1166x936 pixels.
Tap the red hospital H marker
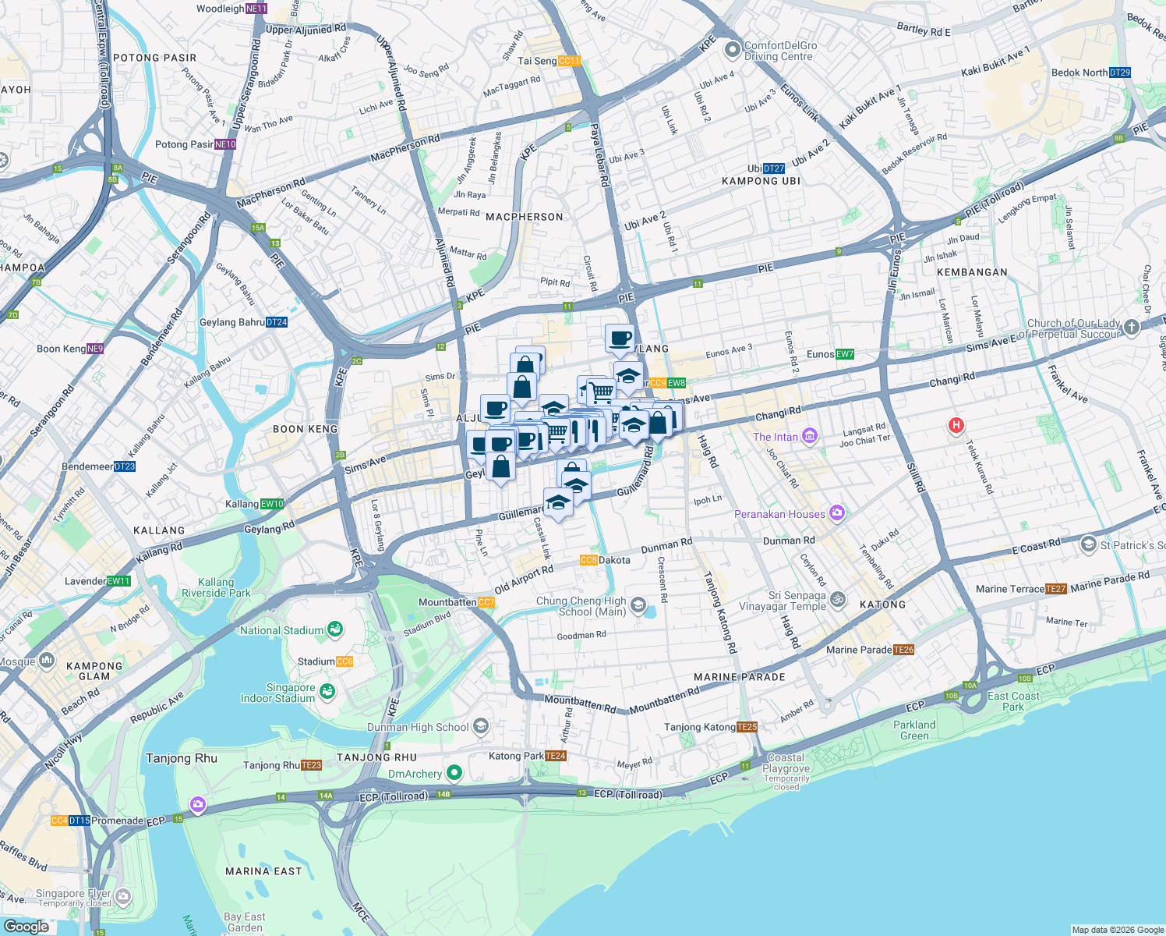pyautogui.click(x=956, y=425)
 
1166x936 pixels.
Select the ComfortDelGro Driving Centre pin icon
pyautogui.click(x=732, y=51)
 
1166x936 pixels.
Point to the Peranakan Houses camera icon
pyautogui.click(x=837, y=513)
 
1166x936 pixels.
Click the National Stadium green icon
pyautogui.click(x=335, y=629)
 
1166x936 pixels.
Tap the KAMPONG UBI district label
pyautogui.click(x=761, y=181)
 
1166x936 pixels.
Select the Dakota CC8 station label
pyautogui.click(x=605, y=560)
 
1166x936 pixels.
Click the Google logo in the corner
pyautogui.click(x=26, y=927)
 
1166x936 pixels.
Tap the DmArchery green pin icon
pyautogui.click(x=454, y=773)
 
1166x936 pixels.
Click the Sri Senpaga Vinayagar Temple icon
pyautogui.click(x=838, y=599)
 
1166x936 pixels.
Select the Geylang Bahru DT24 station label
pyautogui.click(x=243, y=322)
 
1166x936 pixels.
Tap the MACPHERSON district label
pyautogui.click(x=524, y=217)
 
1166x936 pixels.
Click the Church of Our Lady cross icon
pyautogui.click(x=1132, y=328)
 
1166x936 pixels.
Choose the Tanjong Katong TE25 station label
pyautogui.click(x=710, y=727)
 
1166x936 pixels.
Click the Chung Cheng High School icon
pyautogui.click(x=638, y=605)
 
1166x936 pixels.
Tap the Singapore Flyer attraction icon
pyautogui.click(x=123, y=897)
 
